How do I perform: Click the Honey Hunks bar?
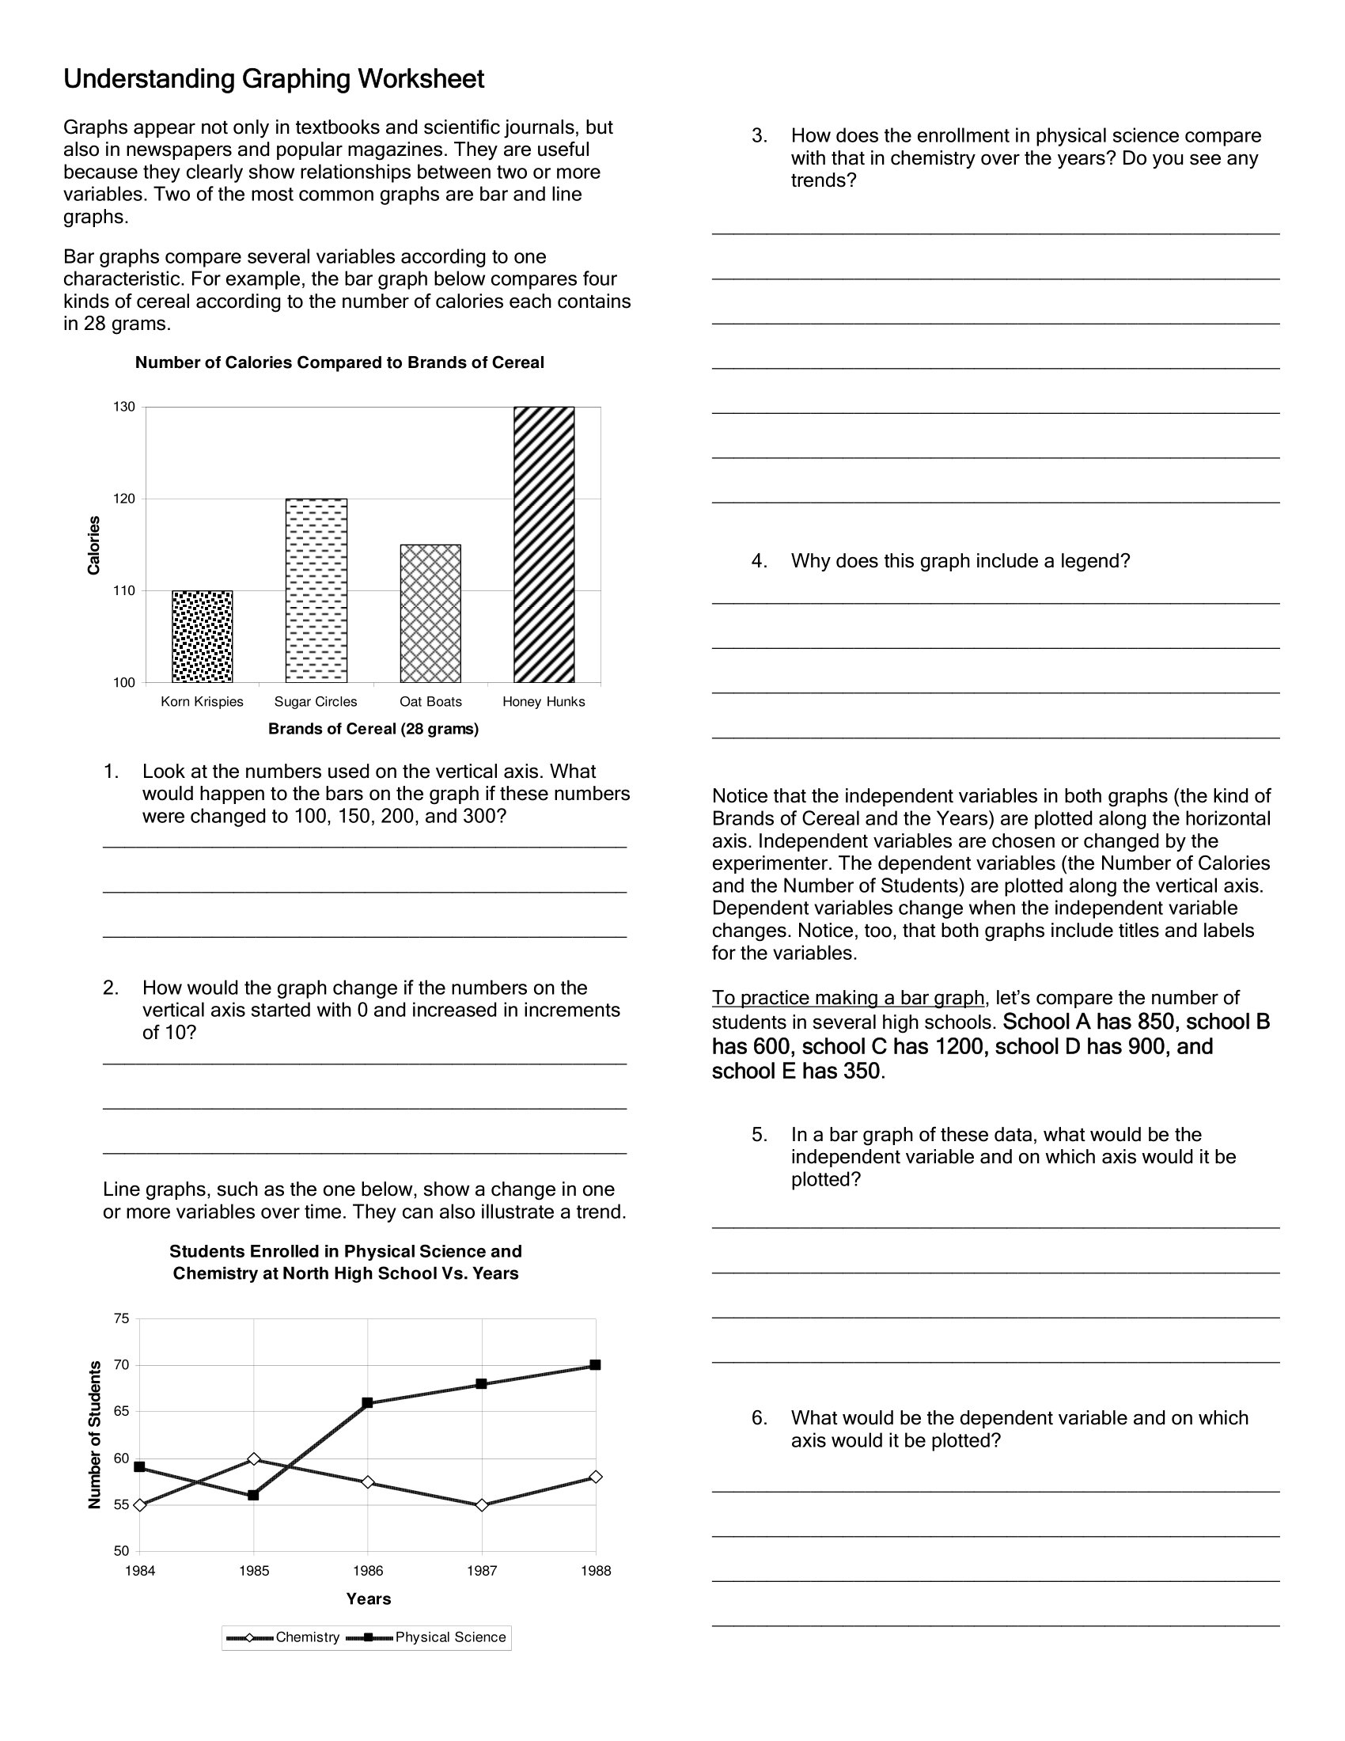pyautogui.click(x=544, y=544)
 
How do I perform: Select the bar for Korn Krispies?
pyautogui.click(x=203, y=636)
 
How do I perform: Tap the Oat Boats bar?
pyautogui.click(x=430, y=613)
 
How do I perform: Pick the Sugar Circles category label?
pyautogui.click(x=316, y=701)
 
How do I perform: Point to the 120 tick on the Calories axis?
pyautogui.click(x=124, y=499)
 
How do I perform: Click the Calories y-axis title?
pyautogui.click(x=94, y=545)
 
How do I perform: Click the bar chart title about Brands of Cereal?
pyautogui.click(x=339, y=362)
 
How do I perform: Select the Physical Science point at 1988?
pyautogui.click(x=595, y=1365)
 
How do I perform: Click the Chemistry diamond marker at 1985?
pyautogui.click(x=253, y=1458)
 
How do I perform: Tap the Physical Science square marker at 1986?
pyautogui.click(x=367, y=1403)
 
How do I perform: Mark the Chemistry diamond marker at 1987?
pyautogui.click(x=481, y=1505)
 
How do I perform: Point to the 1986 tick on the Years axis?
pyautogui.click(x=367, y=1571)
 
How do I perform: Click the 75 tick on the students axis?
pyautogui.click(x=121, y=1319)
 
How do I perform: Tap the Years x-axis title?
pyautogui.click(x=368, y=1599)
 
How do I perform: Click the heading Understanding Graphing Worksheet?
pyautogui.click(x=273, y=79)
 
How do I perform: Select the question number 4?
pyautogui.click(x=759, y=561)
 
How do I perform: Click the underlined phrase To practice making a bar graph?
pyautogui.click(x=848, y=998)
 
